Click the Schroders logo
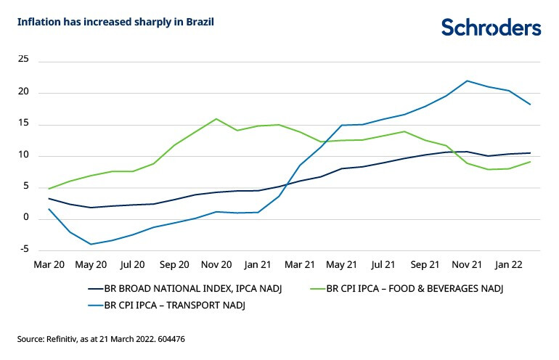click(491, 28)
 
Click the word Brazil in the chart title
click(199, 22)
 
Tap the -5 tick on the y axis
click(23, 249)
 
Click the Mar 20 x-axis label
click(49, 265)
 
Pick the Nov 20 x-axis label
click(216, 265)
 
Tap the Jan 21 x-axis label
click(258, 265)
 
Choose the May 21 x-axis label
click(340, 265)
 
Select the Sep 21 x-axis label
click(425, 265)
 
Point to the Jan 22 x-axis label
click(509, 265)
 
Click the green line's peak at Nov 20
click(216, 119)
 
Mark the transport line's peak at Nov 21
click(467, 81)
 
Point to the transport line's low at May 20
click(91, 244)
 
